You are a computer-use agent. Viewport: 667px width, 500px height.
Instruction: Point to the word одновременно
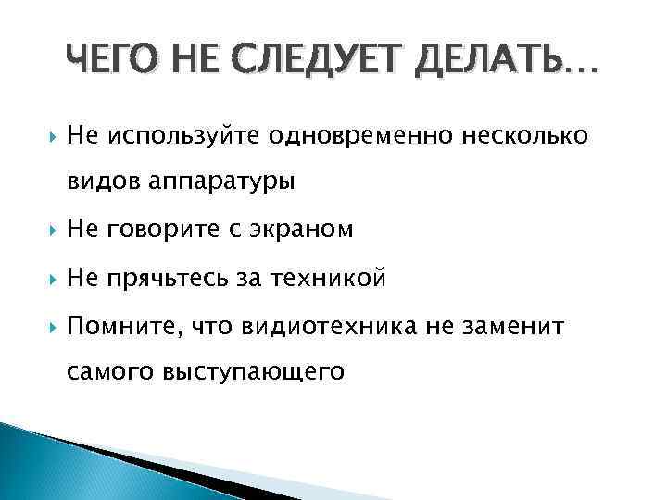[x=360, y=136]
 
